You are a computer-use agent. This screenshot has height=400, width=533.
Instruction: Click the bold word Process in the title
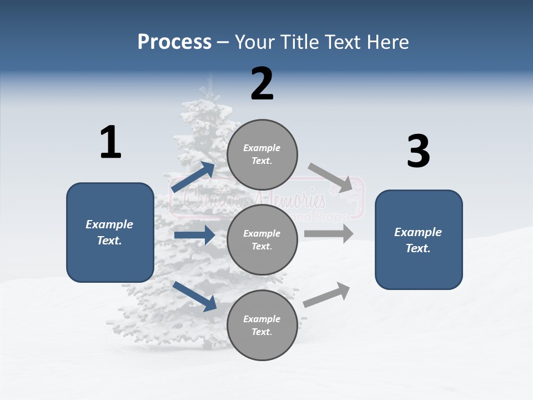point(174,42)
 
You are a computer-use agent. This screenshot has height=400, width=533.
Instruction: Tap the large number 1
point(110,143)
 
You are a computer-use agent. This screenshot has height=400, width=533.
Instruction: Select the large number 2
point(262,84)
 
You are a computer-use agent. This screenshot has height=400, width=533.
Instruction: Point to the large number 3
point(418,152)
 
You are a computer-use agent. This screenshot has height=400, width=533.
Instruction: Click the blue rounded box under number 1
point(110,232)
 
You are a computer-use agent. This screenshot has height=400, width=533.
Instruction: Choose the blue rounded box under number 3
point(419,239)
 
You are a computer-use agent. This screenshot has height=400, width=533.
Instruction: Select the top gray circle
point(262,154)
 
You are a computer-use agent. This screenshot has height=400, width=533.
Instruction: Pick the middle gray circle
point(262,239)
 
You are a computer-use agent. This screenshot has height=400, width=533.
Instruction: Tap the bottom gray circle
point(262,325)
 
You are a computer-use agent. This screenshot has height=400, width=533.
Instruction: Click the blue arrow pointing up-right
point(193,177)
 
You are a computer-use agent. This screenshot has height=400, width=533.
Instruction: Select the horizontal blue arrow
point(194,235)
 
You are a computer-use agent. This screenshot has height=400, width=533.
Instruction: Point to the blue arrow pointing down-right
point(194,296)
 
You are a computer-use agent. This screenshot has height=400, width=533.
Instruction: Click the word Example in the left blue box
point(109,224)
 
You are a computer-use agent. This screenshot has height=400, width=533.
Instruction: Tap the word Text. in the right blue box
point(418,248)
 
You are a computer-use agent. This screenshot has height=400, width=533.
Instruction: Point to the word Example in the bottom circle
point(262,319)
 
